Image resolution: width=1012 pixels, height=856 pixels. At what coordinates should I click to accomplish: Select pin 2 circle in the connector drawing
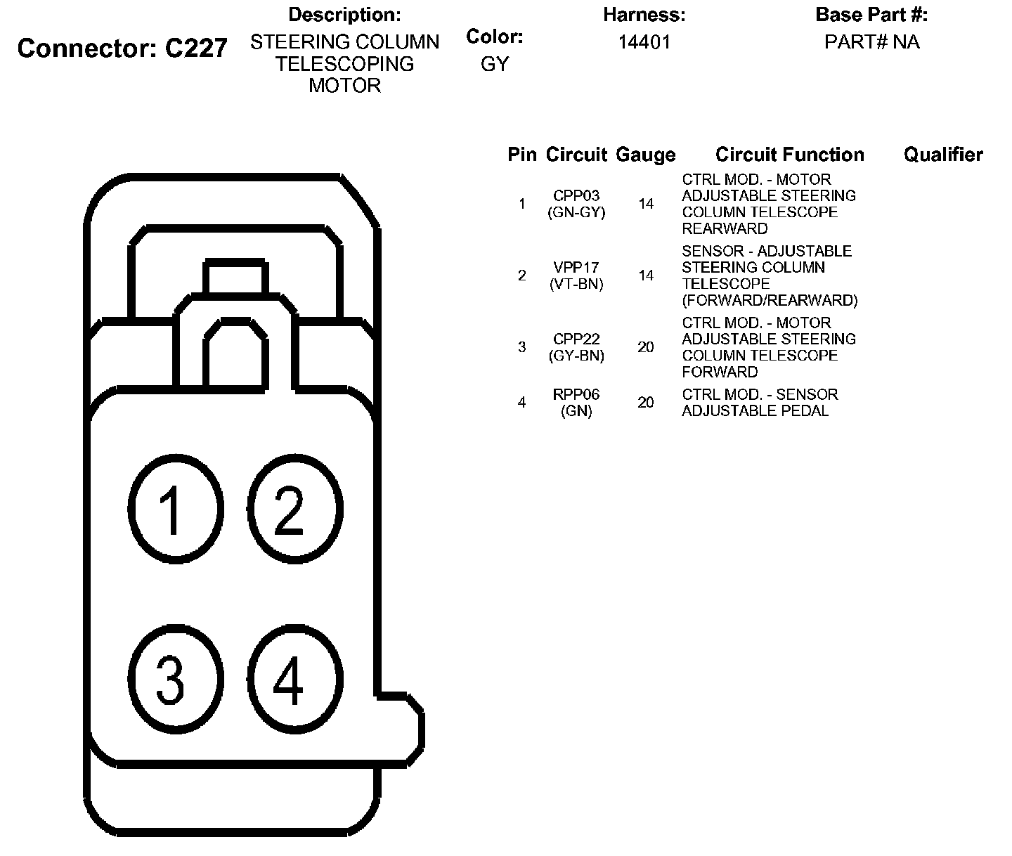pyautogui.click(x=294, y=510)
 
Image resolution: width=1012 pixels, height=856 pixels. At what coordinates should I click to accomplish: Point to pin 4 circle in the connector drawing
pyautogui.click(x=294, y=680)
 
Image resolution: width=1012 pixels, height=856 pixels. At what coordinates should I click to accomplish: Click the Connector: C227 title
pyautogui.click(x=122, y=48)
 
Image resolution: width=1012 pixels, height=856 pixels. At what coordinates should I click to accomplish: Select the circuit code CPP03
pyautogui.click(x=576, y=196)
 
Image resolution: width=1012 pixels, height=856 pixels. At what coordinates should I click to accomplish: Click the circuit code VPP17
pyautogui.click(x=576, y=268)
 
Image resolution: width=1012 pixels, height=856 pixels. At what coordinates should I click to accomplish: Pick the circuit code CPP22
pyautogui.click(x=576, y=339)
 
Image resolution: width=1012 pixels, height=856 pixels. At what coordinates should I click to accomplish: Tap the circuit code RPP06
pyautogui.click(x=576, y=394)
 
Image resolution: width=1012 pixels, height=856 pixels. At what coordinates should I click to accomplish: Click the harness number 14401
pyautogui.click(x=644, y=42)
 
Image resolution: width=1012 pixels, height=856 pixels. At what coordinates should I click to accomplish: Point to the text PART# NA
pyautogui.click(x=871, y=42)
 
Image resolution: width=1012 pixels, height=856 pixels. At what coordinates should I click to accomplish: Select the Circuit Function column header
pyautogui.click(x=789, y=155)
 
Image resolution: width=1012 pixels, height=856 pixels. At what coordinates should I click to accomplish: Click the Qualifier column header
pyautogui.click(x=943, y=155)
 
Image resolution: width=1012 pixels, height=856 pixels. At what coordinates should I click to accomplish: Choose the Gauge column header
pyautogui.click(x=645, y=155)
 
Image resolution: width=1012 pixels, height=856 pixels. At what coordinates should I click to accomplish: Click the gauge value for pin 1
pyautogui.click(x=646, y=205)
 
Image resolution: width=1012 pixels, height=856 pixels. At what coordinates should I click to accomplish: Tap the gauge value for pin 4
pyautogui.click(x=646, y=403)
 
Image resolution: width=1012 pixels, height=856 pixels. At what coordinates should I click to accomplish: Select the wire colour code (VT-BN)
pyautogui.click(x=576, y=284)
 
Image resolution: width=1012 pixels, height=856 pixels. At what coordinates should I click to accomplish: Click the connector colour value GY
pyautogui.click(x=494, y=64)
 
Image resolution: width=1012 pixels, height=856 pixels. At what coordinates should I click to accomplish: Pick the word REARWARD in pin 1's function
pyautogui.click(x=724, y=229)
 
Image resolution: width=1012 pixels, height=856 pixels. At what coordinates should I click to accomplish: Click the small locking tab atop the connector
pyautogui.click(x=235, y=277)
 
